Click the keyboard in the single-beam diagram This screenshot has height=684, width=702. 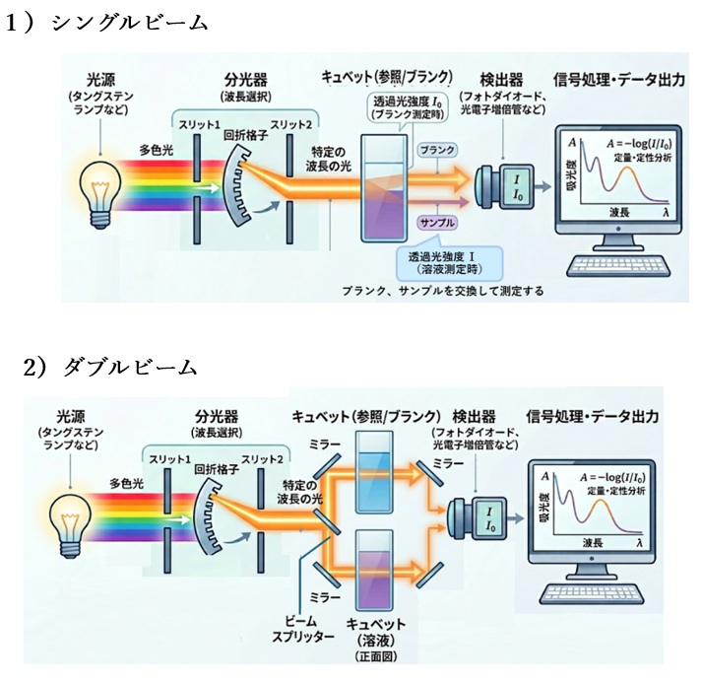click(618, 267)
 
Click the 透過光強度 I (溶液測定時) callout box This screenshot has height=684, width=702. click(445, 261)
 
